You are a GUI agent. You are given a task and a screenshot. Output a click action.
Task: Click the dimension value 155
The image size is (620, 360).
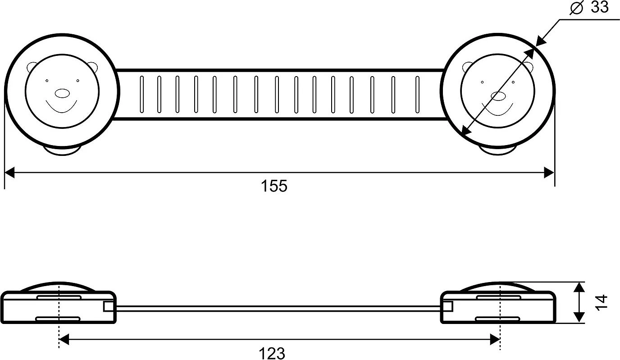pyautogui.click(x=274, y=186)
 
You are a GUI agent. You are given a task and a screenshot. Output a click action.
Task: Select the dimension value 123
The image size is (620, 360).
pyautogui.click(x=272, y=353)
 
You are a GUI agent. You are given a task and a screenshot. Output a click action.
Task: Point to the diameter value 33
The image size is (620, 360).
pyautogui.click(x=599, y=7)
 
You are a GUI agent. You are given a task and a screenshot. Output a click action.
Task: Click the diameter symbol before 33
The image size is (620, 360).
pyautogui.click(x=577, y=8)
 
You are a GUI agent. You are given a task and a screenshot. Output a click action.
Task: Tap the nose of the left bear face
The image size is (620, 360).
pyautogui.click(x=62, y=94)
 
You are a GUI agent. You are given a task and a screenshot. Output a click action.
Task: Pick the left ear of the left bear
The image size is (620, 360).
pyautogui.click(x=31, y=67)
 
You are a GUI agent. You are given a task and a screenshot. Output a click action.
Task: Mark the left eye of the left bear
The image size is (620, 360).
pyautogui.click(x=46, y=81)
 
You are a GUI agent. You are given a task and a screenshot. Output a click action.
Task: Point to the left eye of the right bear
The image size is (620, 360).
pyautogui.click(x=482, y=82)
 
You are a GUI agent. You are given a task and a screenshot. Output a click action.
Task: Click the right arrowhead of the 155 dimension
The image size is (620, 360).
pyautogui.click(x=549, y=173)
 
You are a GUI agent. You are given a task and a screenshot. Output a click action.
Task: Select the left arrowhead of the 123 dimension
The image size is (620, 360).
pyautogui.click(x=64, y=339)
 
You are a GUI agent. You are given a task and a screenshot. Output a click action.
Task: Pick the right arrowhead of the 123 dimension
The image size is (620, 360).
pyautogui.click(x=495, y=339)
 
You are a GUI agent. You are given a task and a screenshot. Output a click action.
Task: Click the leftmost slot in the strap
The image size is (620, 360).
pyautogui.click(x=141, y=94)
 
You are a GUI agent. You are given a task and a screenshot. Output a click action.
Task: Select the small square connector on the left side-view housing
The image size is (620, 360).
pyautogui.click(x=108, y=306)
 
